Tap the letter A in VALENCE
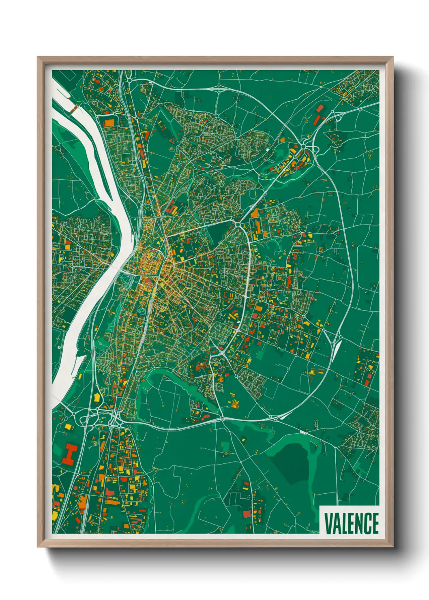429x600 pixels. pos(336,523)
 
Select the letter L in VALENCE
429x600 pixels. pos(344,523)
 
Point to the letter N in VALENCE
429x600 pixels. pos(359,523)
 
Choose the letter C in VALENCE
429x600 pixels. pos(367,523)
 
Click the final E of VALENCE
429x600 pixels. pos(375,523)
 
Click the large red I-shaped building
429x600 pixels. pos(70,454)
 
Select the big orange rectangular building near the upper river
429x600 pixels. pos(109,123)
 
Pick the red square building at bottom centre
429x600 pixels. pos(247,514)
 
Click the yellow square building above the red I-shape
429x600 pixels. pos(68,426)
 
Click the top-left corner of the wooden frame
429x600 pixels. pos(38,58)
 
